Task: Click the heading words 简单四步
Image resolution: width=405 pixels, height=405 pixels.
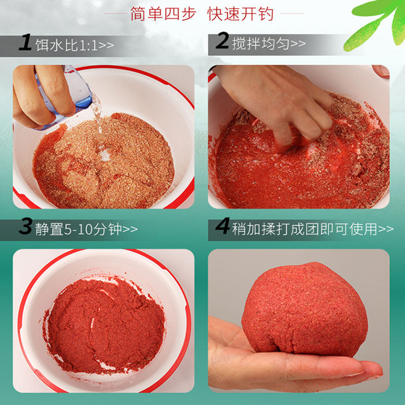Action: [163, 13]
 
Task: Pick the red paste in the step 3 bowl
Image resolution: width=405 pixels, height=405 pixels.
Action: [106, 324]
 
